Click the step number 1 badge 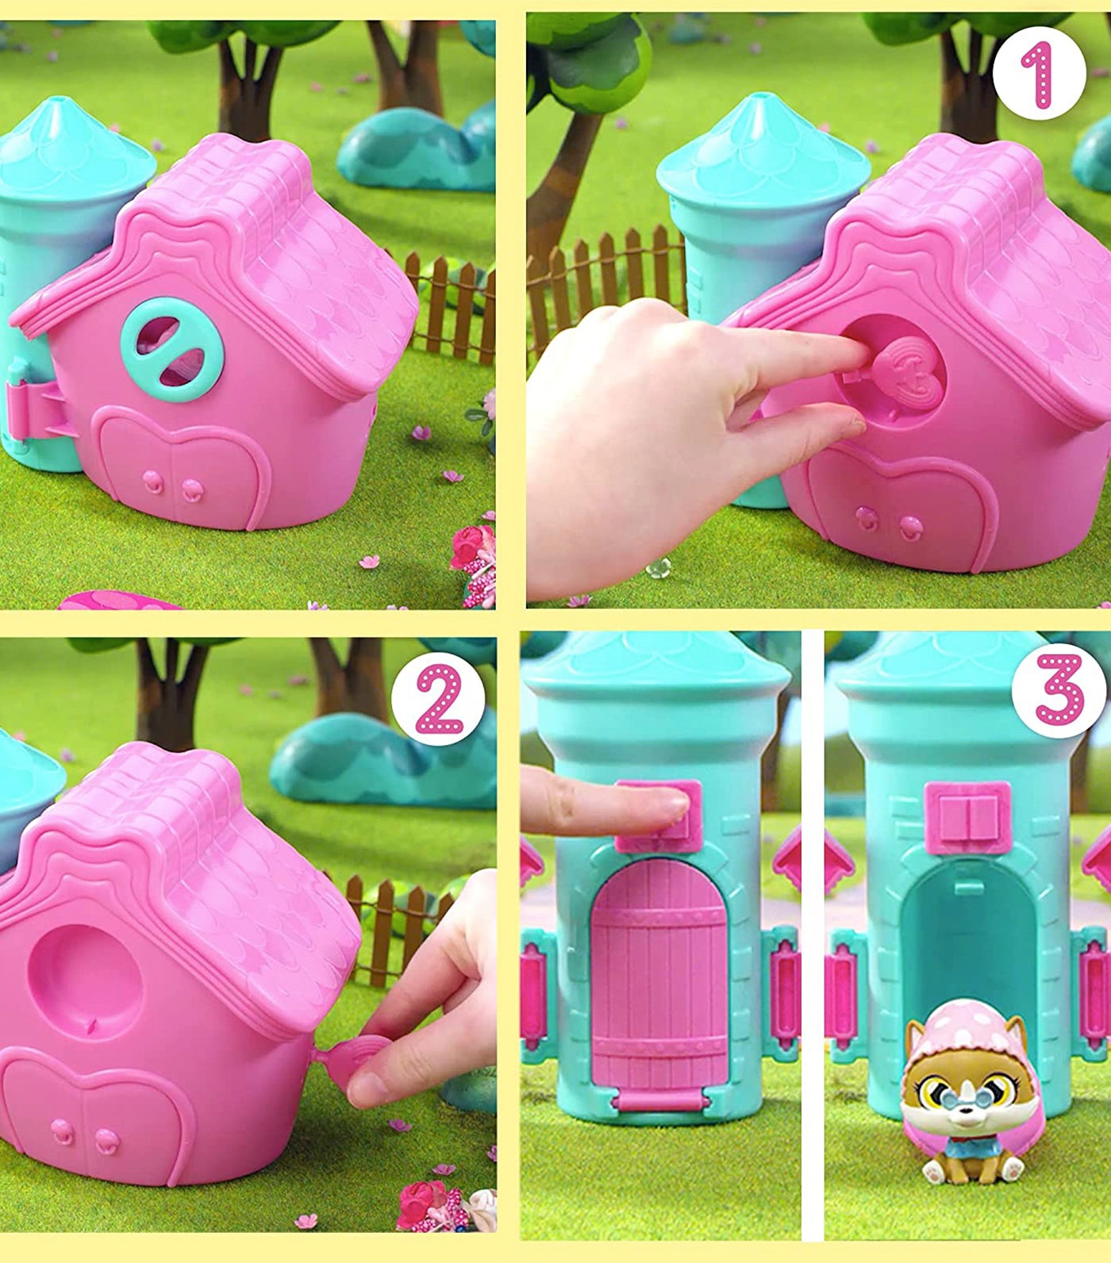pos(1038,73)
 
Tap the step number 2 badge pos(438,698)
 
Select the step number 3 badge pos(1059,689)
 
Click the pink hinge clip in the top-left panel pos(38,409)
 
